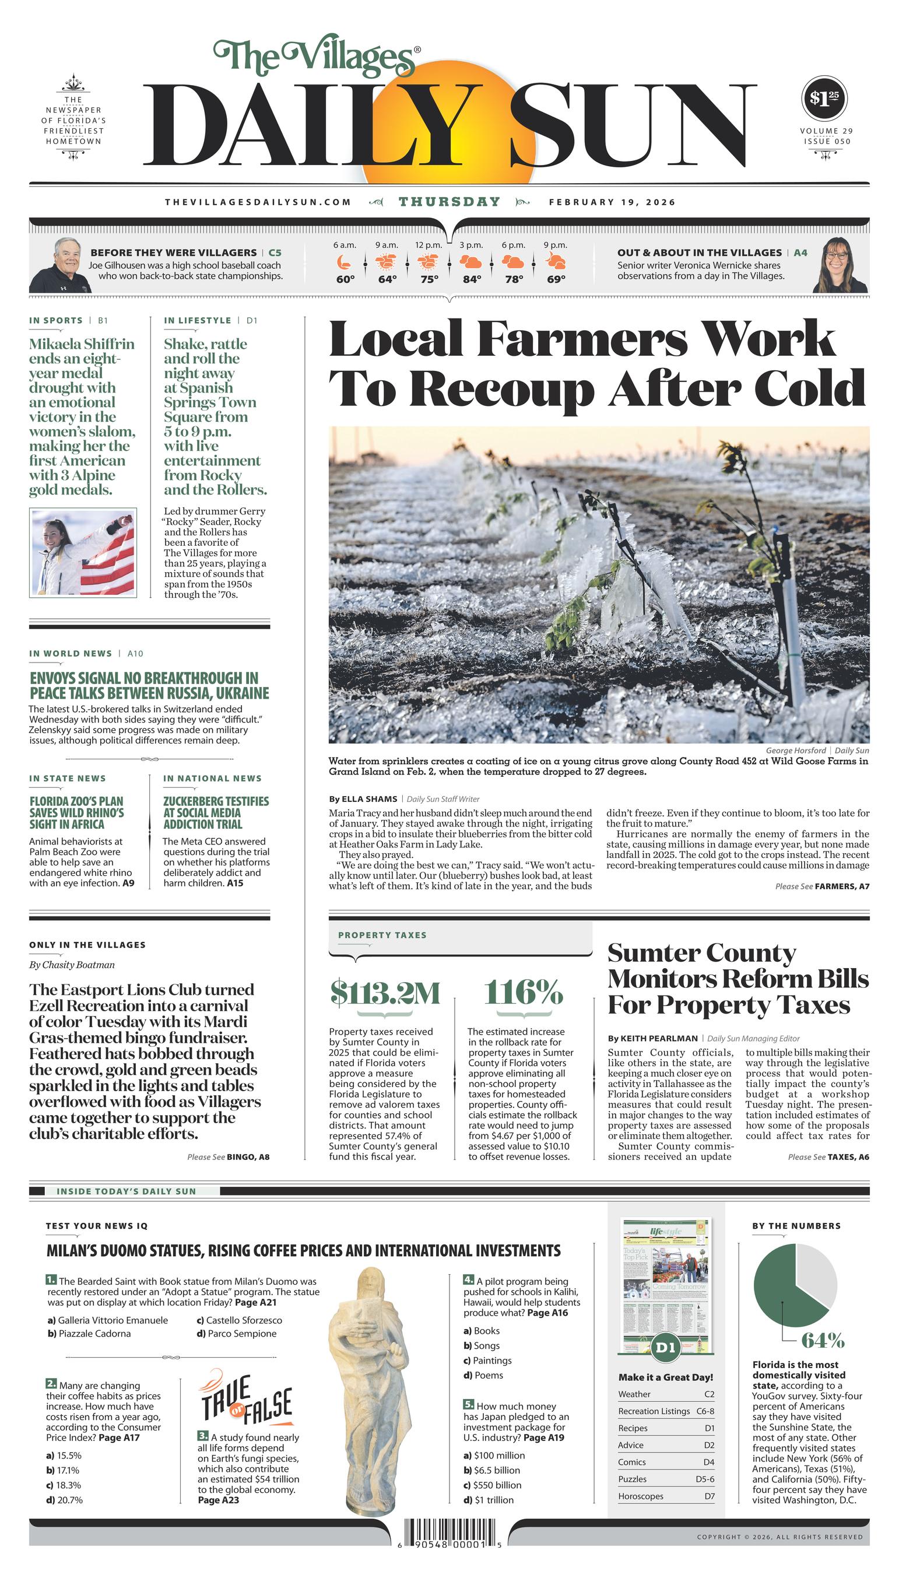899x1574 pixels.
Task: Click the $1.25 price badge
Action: [x=824, y=98]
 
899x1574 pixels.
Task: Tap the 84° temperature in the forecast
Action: [x=472, y=279]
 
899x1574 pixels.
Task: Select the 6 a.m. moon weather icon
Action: [x=345, y=262]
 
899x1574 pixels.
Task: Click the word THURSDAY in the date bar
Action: [x=450, y=202]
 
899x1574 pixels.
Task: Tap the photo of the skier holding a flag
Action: [x=83, y=553]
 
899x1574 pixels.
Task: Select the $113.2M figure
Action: [x=385, y=993]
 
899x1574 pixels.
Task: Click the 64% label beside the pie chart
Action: [x=823, y=1340]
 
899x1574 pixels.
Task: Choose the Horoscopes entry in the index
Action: [x=641, y=1496]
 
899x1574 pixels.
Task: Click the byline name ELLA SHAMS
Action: [x=368, y=799]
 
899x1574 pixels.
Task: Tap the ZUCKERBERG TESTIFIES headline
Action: [x=216, y=812]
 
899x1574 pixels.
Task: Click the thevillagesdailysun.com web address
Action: [x=258, y=202]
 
